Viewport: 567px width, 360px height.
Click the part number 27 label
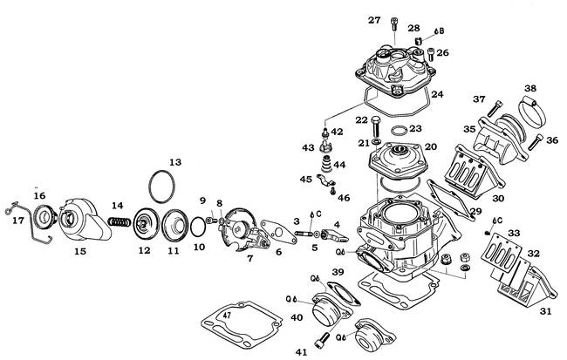pyautogui.click(x=374, y=20)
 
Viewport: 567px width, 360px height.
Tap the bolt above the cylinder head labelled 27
pyautogui.click(x=394, y=24)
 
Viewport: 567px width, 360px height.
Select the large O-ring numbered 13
pyautogui.click(x=162, y=187)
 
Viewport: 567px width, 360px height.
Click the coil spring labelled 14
pyautogui.click(x=120, y=221)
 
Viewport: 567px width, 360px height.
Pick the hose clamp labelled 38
pyautogui.click(x=532, y=109)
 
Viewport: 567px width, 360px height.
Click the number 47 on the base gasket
pyautogui.click(x=227, y=316)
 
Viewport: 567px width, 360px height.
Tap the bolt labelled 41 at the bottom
pyautogui.click(x=322, y=341)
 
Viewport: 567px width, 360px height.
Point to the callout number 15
pyautogui.click(x=80, y=251)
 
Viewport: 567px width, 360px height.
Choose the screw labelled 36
pyautogui.click(x=536, y=142)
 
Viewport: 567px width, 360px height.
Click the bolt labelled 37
pyautogui.click(x=495, y=108)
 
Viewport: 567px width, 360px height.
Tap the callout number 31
pyautogui.click(x=545, y=311)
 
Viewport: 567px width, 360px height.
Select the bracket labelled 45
pyautogui.click(x=324, y=180)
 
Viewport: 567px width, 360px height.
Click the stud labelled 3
pyautogui.click(x=304, y=234)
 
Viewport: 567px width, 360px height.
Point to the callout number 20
pyautogui.click(x=431, y=146)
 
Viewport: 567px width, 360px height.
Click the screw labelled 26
pyautogui.click(x=431, y=55)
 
